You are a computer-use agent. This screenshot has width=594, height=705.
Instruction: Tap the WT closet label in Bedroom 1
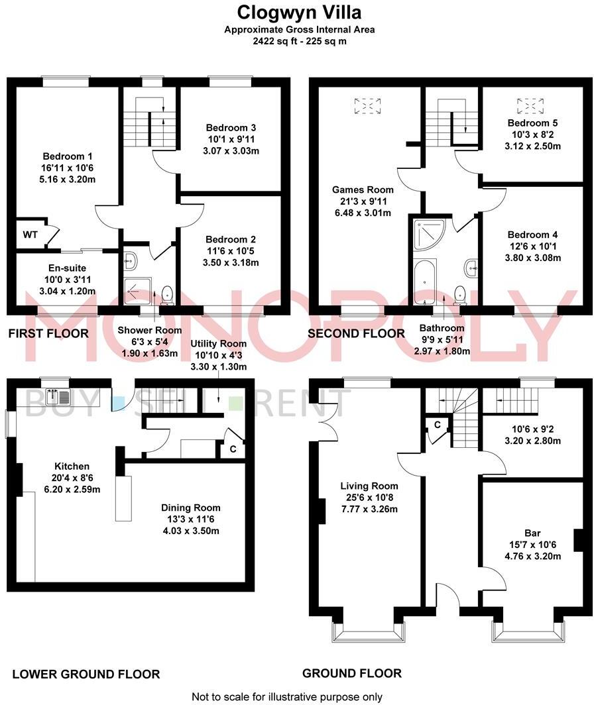(30, 235)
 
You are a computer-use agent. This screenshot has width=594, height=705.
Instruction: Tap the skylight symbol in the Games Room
(368, 105)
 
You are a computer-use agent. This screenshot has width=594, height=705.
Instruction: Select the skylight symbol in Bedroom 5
(528, 105)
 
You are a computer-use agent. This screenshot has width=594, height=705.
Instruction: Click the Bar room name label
(532, 533)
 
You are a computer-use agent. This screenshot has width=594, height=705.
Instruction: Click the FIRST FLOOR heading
(48, 333)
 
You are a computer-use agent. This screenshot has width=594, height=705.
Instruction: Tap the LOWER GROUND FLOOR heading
(86, 675)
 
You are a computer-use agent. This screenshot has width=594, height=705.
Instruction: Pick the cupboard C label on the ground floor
(438, 425)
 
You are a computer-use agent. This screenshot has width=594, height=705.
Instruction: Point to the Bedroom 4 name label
(532, 235)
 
